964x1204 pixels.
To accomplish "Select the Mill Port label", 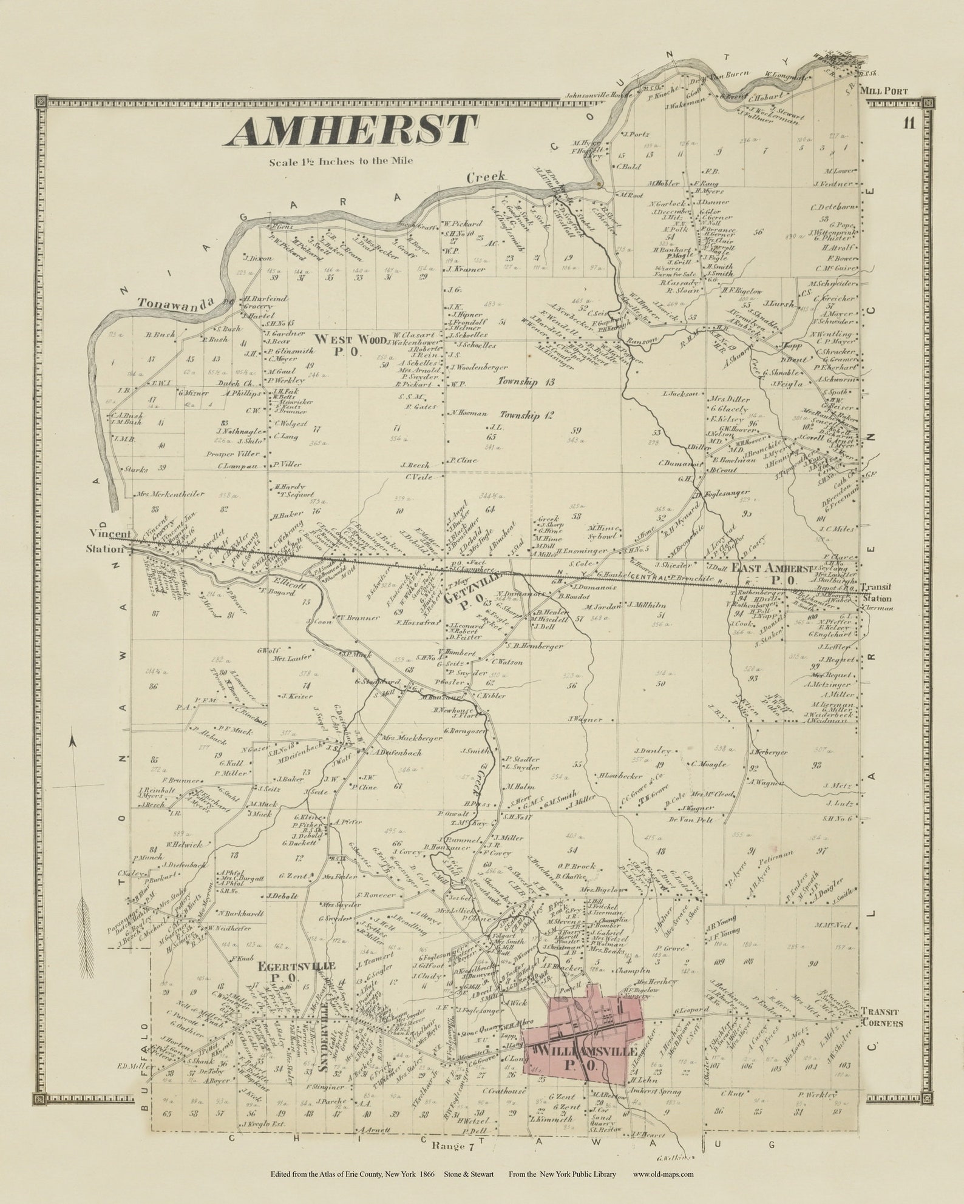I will [x=883, y=91].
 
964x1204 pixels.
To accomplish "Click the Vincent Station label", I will [x=109, y=541].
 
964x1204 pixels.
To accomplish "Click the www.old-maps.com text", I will [x=664, y=1174].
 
